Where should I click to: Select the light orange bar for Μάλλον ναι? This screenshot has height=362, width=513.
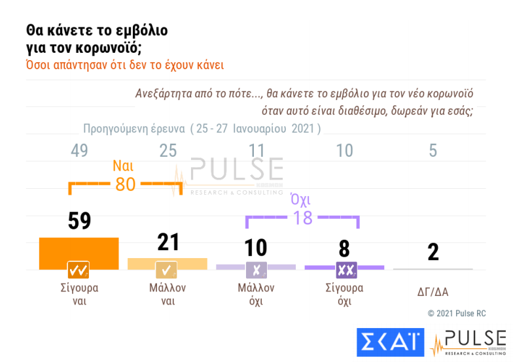pyautogui.click(x=167, y=263)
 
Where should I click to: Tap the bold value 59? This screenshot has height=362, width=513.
pyautogui.click(x=79, y=221)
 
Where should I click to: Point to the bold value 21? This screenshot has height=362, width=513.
pyautogui.click(x=168, y=242)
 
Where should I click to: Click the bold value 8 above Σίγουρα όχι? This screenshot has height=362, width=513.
pyautogui.click(x=344, y=249)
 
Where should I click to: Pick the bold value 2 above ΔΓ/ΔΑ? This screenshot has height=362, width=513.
pyautogui.click(x=433, y=252)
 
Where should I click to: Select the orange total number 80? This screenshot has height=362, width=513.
pyautogui.click(x=125, y=184)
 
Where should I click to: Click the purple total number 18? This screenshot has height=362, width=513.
pyautogui.click(x=302, y=218)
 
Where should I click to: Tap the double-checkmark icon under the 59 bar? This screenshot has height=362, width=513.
pyautogui.click(x=79, y=269)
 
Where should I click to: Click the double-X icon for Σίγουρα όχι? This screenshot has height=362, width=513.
pyautogui.click(x=345, y=269)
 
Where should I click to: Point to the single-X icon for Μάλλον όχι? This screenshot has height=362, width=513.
pyautogui.click(x=256, y=269)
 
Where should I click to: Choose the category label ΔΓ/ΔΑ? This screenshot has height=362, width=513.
pyautogui.click(x=433, y=291)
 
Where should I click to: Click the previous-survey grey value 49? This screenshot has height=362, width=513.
pyautogui.click(x=79, y=150)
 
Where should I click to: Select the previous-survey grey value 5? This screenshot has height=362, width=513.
pyautogui.click(x=433, y=150)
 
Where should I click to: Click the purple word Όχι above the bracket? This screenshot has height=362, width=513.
pyautogui.click(x=302, y=200)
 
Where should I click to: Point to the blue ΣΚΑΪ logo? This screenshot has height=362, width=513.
pyautogui.click(x=390, y=342)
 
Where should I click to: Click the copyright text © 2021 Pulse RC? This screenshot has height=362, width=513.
pyautogui.click(x=458, y=314)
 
